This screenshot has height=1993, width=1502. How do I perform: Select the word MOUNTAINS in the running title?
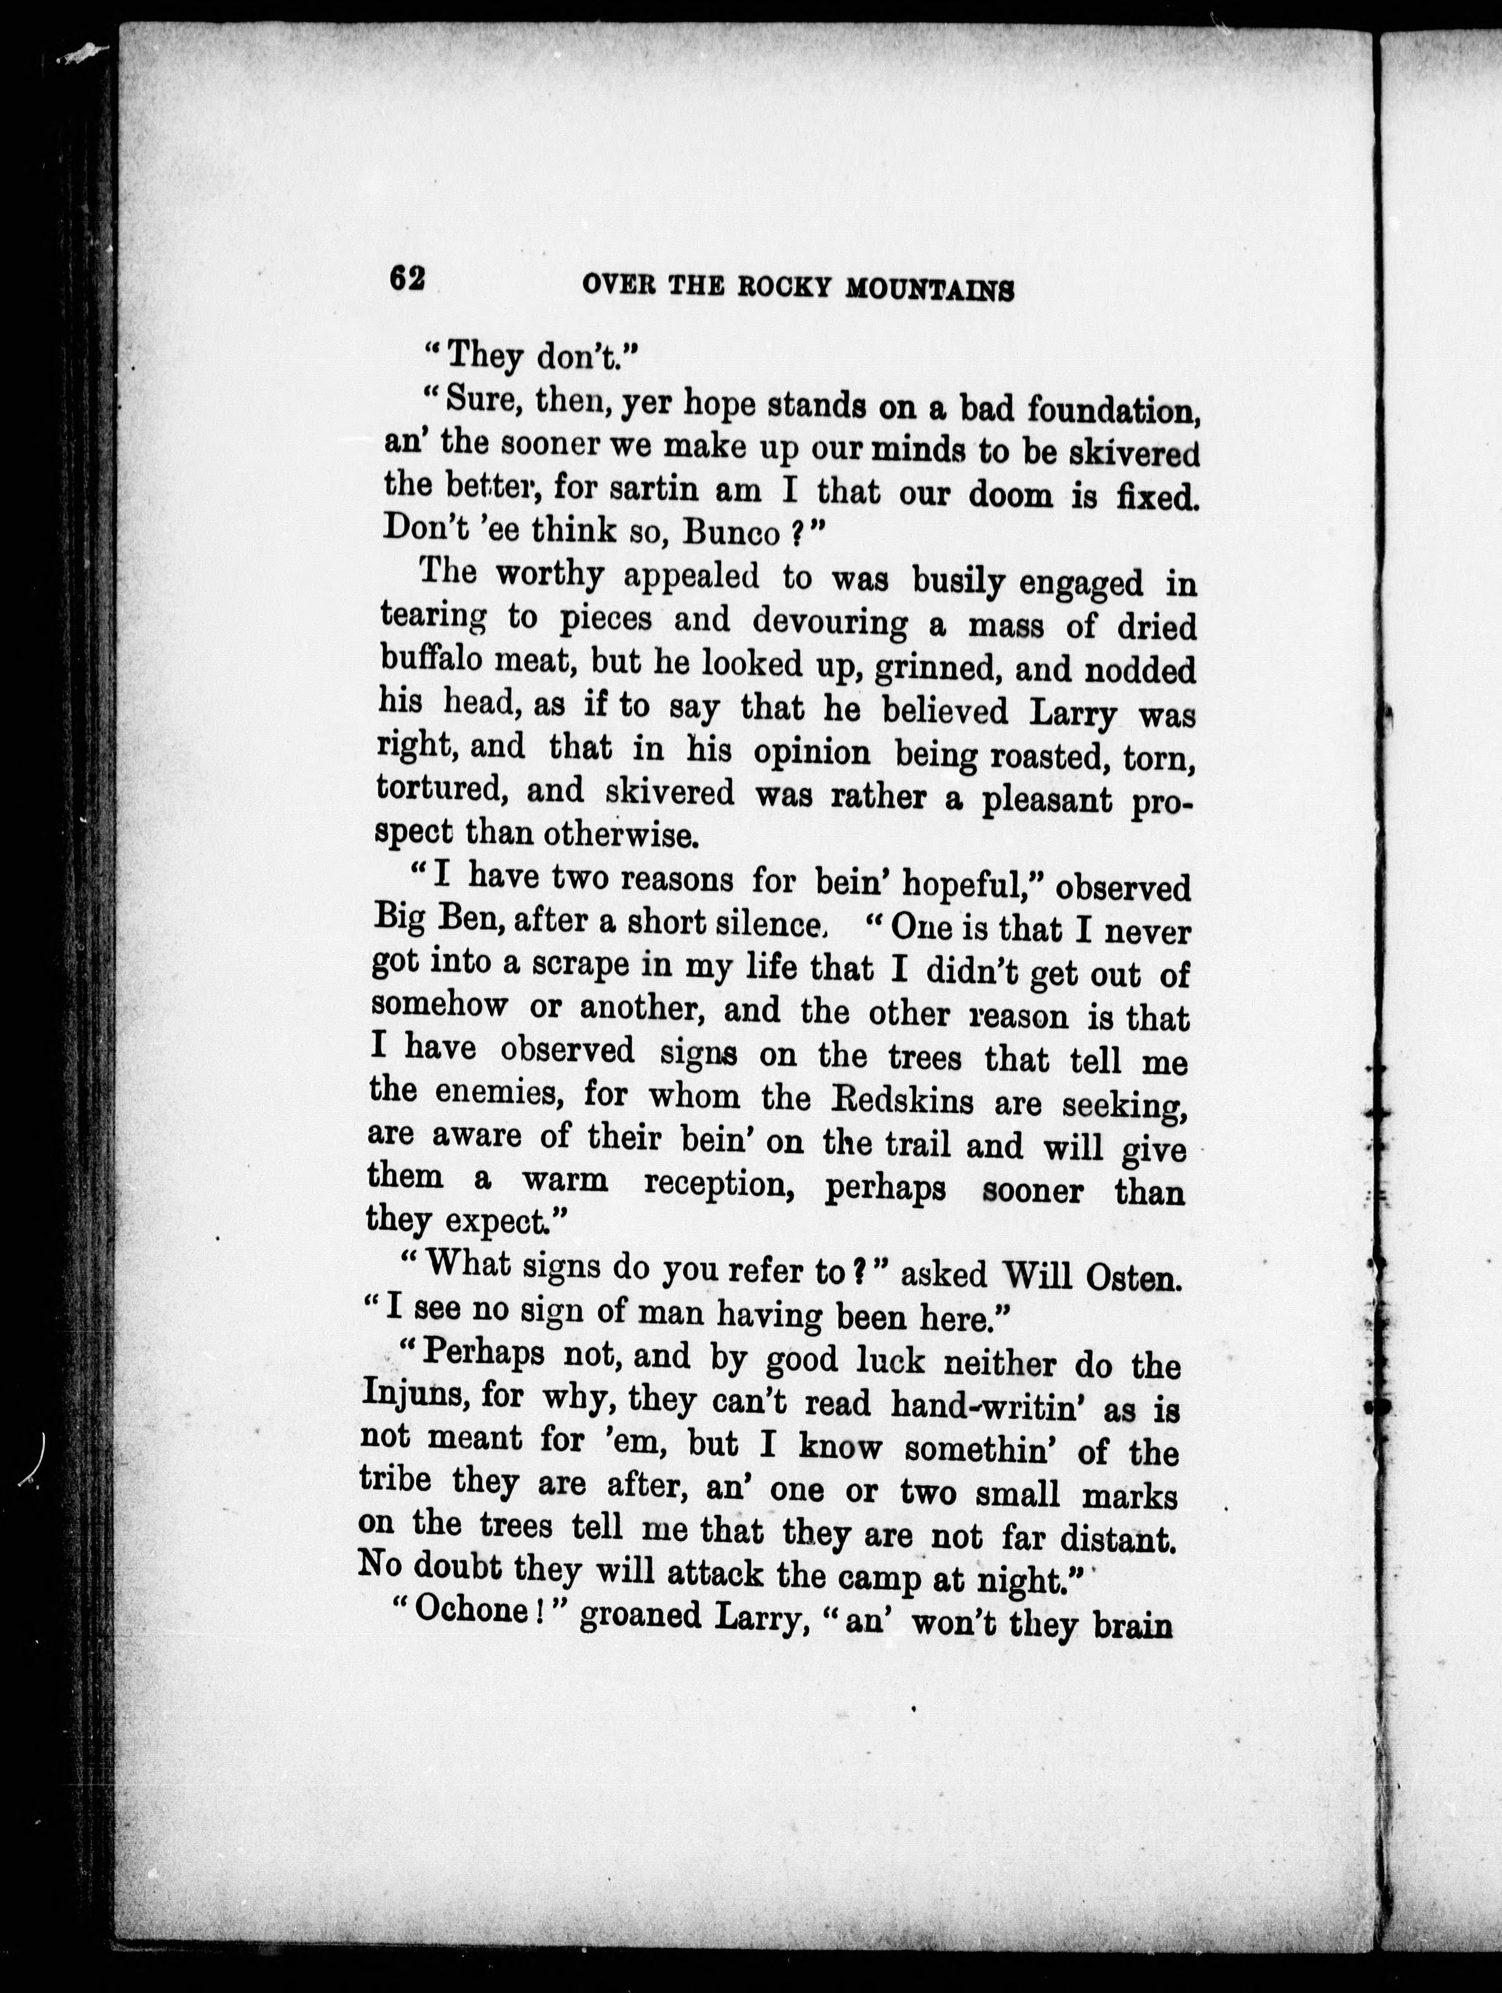931,290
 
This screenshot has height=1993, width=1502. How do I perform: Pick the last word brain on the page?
1131,1625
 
